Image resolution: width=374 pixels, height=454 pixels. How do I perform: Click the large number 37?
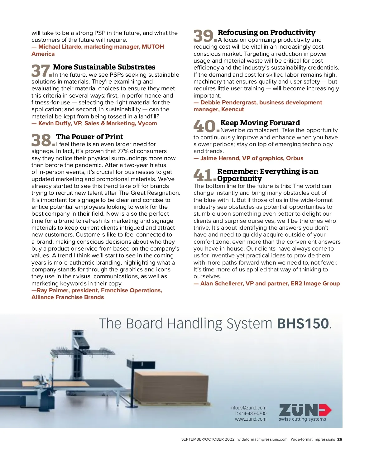[x=41, y=71]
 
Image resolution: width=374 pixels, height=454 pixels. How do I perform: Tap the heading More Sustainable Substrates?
[x=104, y=67]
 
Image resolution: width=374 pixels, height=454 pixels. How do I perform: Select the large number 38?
[x=41, y=140]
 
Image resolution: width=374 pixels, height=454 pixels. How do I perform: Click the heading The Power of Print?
[x=89, y=137]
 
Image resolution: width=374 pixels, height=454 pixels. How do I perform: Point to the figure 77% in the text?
[x=123, y=151]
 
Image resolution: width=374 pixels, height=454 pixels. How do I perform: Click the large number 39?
[x=204, y=36]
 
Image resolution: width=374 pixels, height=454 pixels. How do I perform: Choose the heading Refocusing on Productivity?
[x=266, y=32]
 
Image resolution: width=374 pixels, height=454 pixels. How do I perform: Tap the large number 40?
[x=205, y=126]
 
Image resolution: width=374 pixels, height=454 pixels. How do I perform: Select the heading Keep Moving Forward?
[x=260, y=123]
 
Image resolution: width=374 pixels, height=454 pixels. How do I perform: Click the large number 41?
[x=203, y=175]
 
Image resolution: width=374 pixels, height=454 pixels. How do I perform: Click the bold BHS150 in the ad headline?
[x=303, y=324]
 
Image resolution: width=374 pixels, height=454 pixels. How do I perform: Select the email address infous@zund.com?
[x=248, y=408]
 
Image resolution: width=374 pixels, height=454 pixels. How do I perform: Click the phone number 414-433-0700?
[x=252, y=413]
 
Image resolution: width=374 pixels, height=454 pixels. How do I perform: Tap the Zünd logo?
[x=304, y=412]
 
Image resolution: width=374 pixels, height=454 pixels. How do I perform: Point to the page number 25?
[x=340, y=439]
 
